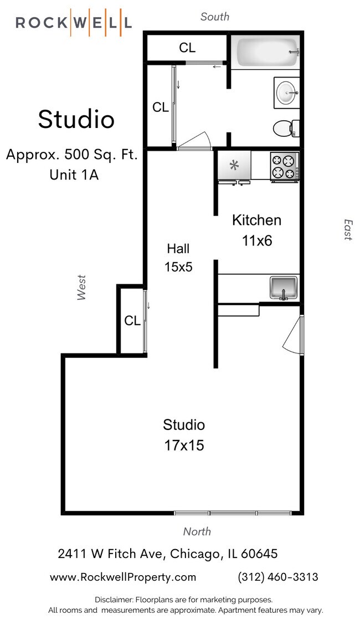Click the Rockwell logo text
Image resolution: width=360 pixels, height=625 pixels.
tap(74, 23)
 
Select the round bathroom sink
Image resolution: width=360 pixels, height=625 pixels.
tap(287, 93)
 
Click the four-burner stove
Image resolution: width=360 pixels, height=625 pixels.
tap(284, 166)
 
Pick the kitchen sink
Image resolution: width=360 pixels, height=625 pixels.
tap(284, 287)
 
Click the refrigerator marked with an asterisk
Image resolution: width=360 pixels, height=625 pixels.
tap(234, 165)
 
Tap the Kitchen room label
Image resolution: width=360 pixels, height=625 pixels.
tap(256, 220)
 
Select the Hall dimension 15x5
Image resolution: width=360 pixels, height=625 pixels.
tap(178, 267)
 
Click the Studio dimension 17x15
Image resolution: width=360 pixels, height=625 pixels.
tap(184, 444)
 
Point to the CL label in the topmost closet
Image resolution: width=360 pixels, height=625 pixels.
tap(187, 48)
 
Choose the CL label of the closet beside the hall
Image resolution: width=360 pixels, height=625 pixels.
tap(132, 321)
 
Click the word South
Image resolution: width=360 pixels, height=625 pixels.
tap(215, 17)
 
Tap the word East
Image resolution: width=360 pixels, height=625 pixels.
tap(347, 229)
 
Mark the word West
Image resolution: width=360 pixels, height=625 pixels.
tap(82, 288)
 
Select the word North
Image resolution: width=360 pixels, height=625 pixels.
tap(197, 531)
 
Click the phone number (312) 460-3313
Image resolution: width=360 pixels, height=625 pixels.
tap(278, 577)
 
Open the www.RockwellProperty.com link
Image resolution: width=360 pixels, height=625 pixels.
tap(123, 577)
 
